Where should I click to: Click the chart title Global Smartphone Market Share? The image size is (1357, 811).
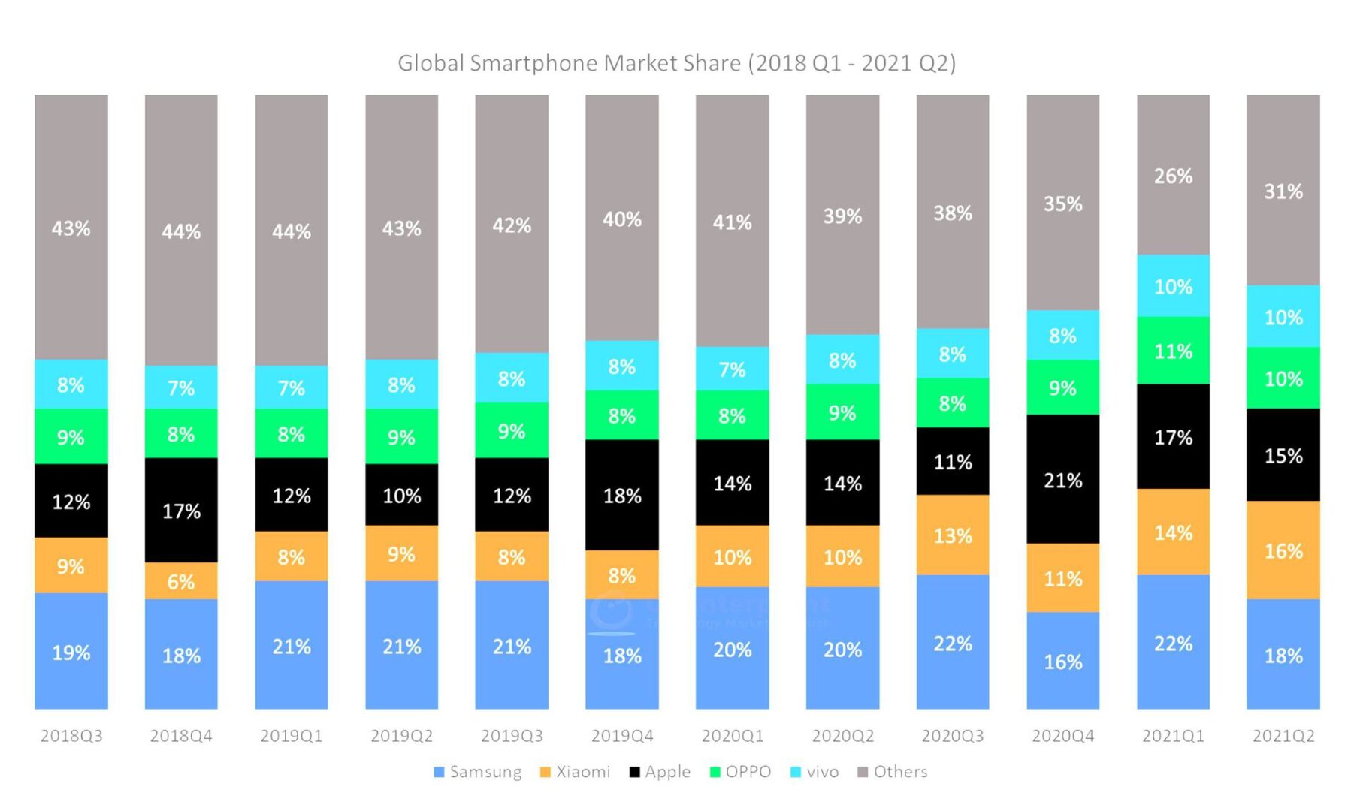click(x=676, y=63)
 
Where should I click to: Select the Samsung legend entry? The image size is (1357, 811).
click(x=478, y=772)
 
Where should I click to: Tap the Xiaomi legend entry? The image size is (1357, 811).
click(x=576, y=772)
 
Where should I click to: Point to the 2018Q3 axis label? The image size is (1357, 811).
click(x=71, y=736)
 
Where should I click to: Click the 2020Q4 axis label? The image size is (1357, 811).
click(x=1062, y=736)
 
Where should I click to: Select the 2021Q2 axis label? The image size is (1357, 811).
click(x=1283, y=736)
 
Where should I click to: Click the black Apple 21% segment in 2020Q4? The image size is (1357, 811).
click(x=1062, y=480)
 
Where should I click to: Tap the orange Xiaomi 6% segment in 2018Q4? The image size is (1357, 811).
click(x=181, y=581)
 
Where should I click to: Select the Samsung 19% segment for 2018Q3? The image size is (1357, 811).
click(x=71, y=652)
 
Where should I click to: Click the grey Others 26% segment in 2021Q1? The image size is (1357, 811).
click(x=1173, y=176)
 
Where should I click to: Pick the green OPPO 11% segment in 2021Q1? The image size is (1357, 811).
click(x=1173, y=351)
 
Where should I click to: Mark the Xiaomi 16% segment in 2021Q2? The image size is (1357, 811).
click(x=1283, y=550)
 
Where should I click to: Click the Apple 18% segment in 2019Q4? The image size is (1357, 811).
click(x=622, y=495)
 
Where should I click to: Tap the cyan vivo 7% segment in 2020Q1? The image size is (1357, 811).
click(x=732, y=369)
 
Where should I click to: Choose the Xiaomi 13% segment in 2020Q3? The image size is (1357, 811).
click(x=953, y=535)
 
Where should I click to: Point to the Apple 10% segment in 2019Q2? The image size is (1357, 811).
click(x=401, y=495)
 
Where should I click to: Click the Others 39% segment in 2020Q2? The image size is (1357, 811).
click(x=842, y=216)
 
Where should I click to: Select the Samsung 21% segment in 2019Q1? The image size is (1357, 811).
click(x=292, y=646)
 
